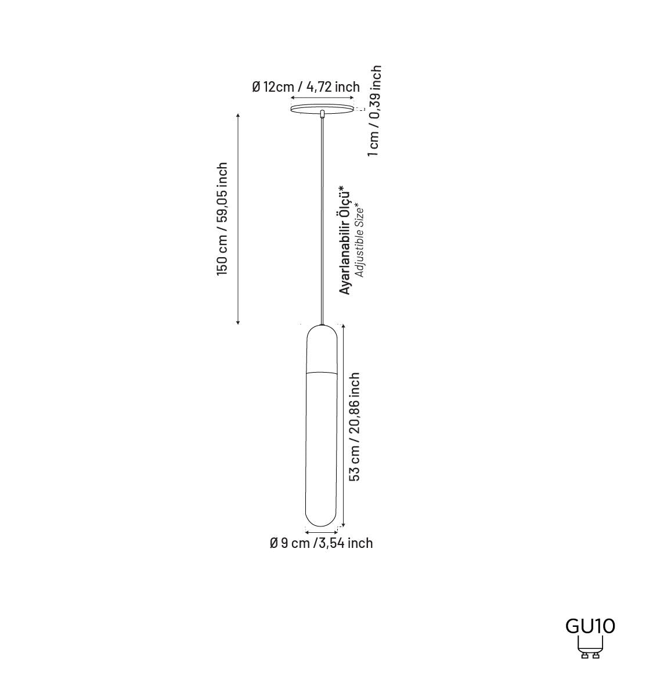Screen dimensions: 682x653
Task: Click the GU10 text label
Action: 590,626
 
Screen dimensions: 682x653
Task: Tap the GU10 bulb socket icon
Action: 590,648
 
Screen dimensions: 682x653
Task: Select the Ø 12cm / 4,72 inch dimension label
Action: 306,87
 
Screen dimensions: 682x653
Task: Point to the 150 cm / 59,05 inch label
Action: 222,219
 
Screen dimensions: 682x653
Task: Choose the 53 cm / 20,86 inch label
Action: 355,427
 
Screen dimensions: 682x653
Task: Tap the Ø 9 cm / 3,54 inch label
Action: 321,543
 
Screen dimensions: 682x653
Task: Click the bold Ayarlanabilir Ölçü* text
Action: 345,240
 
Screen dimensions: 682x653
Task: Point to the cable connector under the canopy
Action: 322,113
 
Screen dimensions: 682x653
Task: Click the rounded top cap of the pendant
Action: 322,347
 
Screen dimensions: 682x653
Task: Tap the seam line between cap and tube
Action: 322,371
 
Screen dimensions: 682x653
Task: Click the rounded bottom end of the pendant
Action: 322,519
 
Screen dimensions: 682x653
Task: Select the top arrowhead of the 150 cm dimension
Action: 238,116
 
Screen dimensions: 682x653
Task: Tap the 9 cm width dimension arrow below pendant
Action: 322,532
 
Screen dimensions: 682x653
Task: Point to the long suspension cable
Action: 322,221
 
